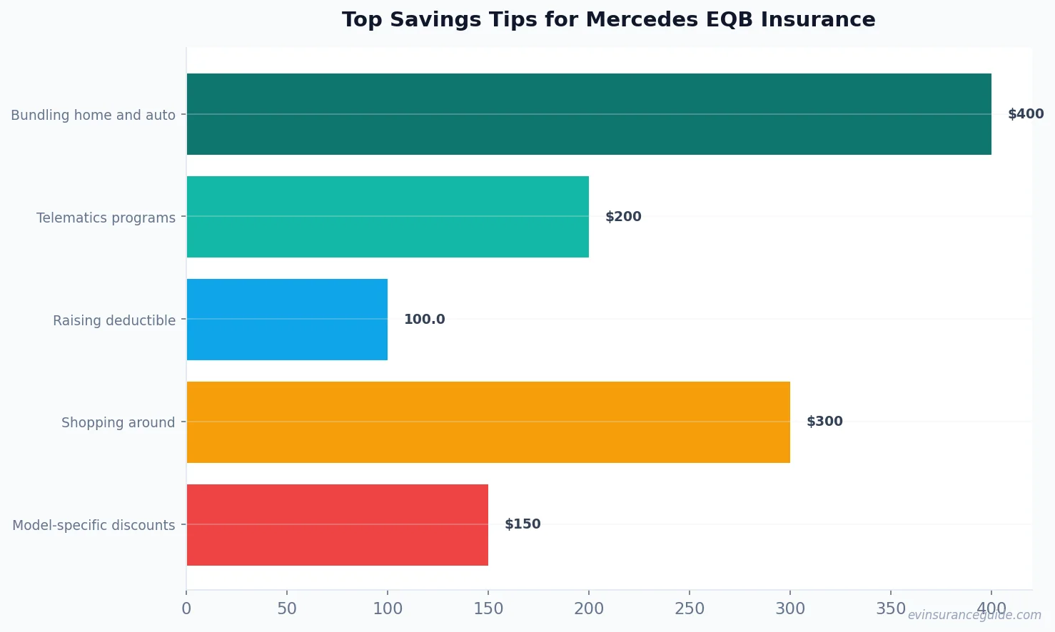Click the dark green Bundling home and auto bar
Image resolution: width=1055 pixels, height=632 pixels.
click(589, 114)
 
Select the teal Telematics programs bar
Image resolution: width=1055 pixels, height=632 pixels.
click(388, 217)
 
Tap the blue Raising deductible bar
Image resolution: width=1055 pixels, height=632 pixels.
click(287, 320)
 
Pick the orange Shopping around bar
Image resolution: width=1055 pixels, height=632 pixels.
click(488, 422)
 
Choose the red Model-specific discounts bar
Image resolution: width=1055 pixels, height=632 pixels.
click(337, 525)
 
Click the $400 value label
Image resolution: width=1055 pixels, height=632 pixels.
click(1026, 114)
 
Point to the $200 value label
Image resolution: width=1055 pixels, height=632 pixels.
click(623, 217)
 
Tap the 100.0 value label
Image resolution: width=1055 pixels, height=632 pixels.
click(424, 320)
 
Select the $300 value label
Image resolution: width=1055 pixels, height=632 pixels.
click(824, 422)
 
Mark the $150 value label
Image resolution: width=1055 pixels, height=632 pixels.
click(523, 524)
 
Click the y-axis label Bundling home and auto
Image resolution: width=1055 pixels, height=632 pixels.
click(93, 115)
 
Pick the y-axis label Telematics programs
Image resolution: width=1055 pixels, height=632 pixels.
click(106, 218)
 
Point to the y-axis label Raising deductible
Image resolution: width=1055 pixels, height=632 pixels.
click(114, 320)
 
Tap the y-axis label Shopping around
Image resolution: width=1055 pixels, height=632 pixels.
click(118, 423)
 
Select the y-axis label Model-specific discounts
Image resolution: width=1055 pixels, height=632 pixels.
click(94, 526)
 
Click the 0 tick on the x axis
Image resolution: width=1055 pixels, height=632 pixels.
click(186, 609)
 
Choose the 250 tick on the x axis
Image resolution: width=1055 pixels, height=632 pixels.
click(690, 609)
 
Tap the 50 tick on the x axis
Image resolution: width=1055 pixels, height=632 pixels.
click(287, 609)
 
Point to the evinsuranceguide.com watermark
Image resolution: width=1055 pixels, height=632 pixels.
click(974, 615)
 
